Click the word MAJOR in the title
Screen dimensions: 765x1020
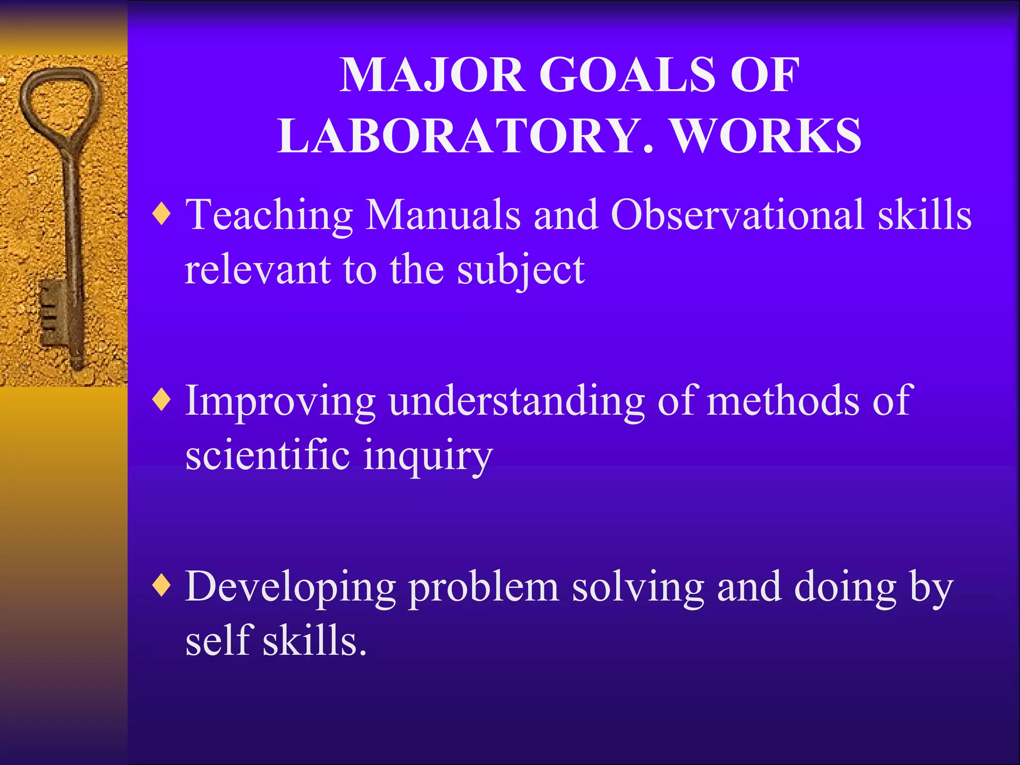(432, 76)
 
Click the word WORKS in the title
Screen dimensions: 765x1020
(766, 136)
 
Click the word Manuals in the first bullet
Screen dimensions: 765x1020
(443, 215)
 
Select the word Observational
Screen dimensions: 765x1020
(738, 215)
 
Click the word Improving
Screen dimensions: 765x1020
(280, 401)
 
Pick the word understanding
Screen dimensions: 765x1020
(516, 401)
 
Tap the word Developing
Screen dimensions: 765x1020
(290, 588)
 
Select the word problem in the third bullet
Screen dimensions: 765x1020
(483, 588)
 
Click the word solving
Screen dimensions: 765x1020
(638, 588)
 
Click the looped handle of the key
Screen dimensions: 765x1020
(60, 100)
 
